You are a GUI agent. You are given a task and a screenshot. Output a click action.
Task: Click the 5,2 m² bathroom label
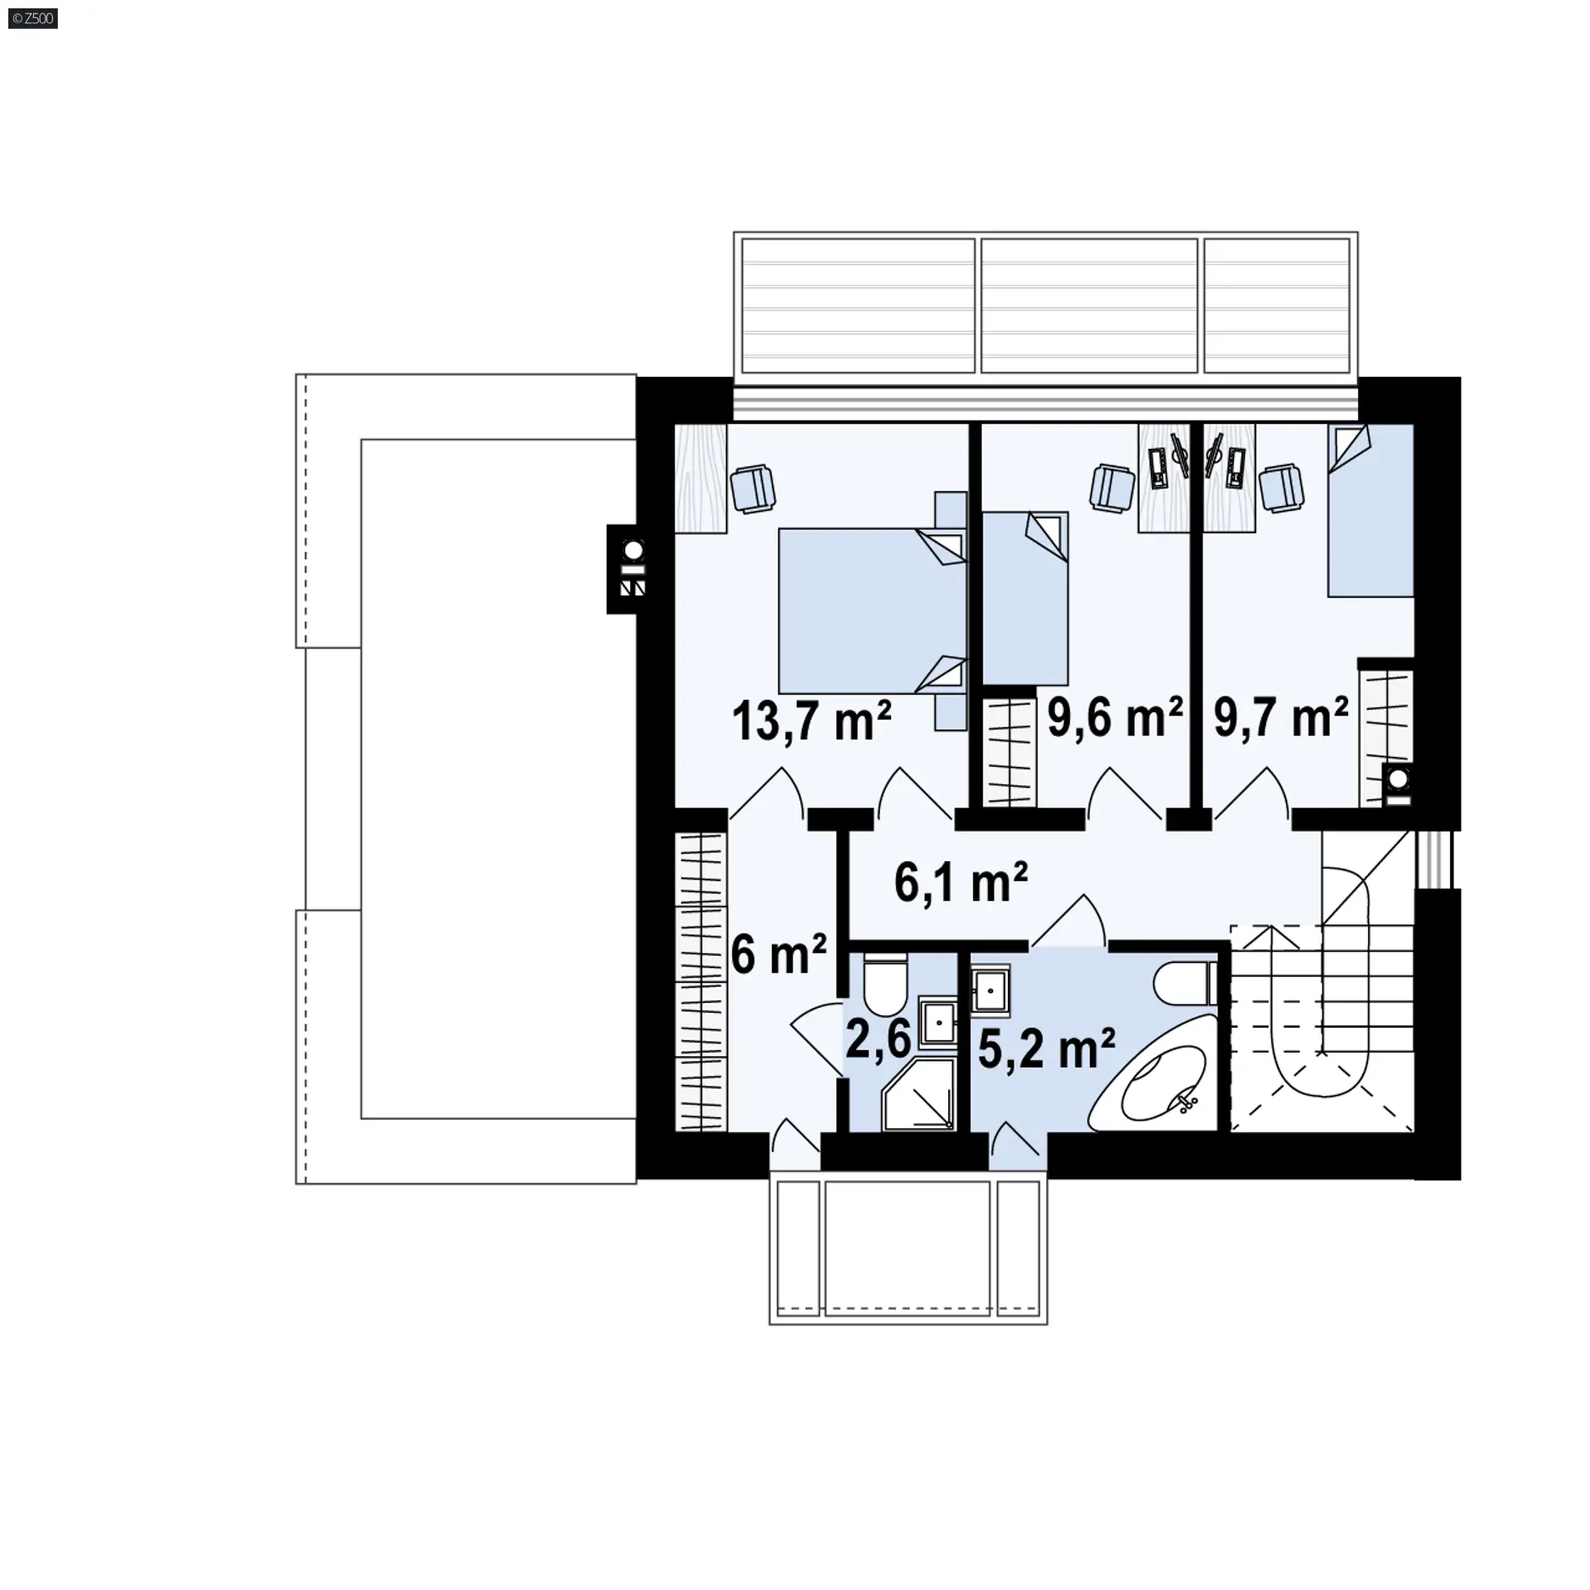pyautogui.click(x=1046, y=1048)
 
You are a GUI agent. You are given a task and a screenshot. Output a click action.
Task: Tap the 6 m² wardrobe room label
pyautogui.click(x=779, y=954)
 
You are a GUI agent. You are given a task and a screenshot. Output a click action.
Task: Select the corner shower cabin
pyautogui.click(x=918, y=1093)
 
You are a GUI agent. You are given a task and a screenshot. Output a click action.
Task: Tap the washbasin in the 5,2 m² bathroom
pyautogui.click(x=990, y=989)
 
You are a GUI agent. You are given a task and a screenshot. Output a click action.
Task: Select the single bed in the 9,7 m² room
pyautogui.click(x=1371, y=510)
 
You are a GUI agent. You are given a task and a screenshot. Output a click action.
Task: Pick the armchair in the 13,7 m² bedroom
pyautogui.click(x=754, y=489)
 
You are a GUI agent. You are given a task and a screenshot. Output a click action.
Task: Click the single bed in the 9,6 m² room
pyautogui.click(x=1025, y=598)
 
